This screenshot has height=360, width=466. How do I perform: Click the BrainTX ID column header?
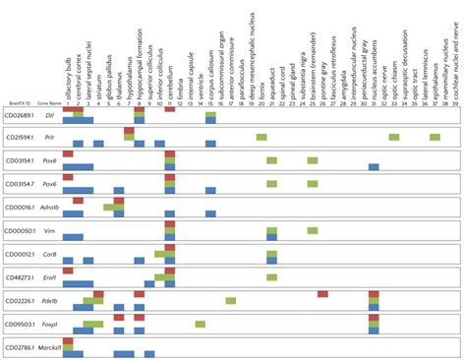[16, 73]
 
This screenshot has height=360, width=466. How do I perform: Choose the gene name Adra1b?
[49, 209]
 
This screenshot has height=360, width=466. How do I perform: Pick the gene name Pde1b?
[49, 300]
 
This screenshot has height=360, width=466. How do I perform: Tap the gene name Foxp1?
[49, 324]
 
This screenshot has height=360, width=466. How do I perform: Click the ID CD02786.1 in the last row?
[21, 346]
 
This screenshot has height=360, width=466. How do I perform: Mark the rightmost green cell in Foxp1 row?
[200, 324]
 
